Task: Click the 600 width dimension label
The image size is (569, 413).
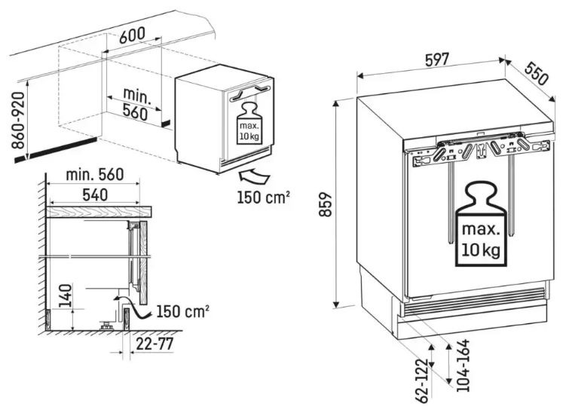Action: (x=132, y=35)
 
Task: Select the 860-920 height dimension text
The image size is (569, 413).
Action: (x=18, y=121)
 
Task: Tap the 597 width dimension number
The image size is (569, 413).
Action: (x=437, y=60)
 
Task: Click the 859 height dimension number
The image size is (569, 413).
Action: (x=326, y=204)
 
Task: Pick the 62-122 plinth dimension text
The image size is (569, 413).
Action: (x=422, y=381)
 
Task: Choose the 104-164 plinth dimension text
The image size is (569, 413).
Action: (x=463, y=366)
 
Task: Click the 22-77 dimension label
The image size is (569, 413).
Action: (x=154, y=344)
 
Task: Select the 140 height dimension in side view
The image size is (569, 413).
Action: (x=66, y=295)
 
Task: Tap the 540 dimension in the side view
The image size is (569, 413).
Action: (x=95, y=195)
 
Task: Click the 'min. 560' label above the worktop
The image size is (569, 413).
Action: (x=95, y=175)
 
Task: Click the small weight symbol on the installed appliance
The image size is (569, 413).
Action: (x=249, y=124)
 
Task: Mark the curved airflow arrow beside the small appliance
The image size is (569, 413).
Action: (x=254, y=177)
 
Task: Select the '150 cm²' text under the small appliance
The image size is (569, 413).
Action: (x=264, y=197)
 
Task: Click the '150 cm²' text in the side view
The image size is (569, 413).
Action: (x=183, y=311)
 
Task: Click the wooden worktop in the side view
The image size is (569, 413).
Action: (x=99, y=212)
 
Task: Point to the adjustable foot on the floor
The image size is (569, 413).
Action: (x=106, y=326)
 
